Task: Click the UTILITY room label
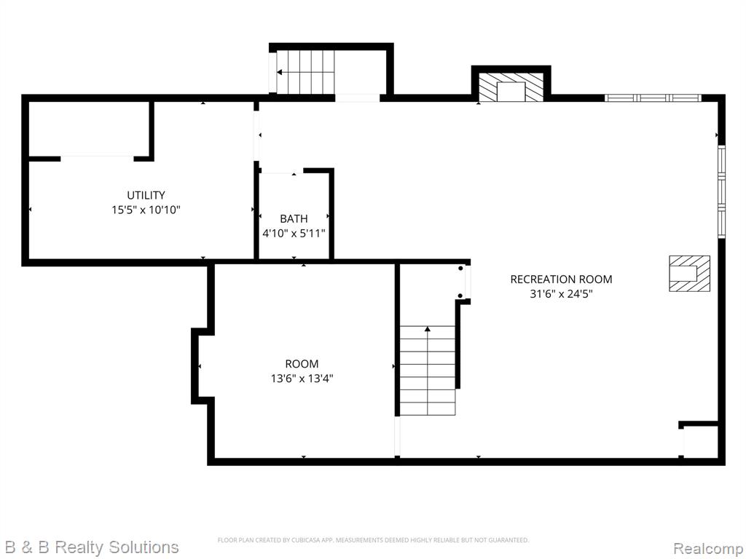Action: (x=146, y=195)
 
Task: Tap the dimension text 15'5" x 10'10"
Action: (x=146, y=210)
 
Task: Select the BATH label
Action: (x=294, y=218)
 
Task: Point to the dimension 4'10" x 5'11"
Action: (x=294, y=234)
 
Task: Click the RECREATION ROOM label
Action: (x=561, y=279)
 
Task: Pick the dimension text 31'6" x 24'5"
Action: (x=561, y=294)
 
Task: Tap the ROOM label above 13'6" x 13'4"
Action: (x=302, y=364)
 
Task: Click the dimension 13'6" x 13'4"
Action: (x=302, y=378)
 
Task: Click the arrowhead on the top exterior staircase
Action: (x=280, y=72)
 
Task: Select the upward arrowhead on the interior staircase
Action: (x=427, y=328)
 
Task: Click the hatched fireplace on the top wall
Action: (x=511, y=87)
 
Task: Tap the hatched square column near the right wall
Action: (x=689, y=274)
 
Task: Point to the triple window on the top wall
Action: (x=653, y=98)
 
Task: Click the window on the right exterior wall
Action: (x=721, y=191)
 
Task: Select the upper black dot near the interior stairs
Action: (x=460, y=269)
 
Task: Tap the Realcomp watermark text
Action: (x=708, y=549)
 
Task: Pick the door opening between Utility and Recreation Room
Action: (x=257, y=136)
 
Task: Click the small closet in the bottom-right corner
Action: (x=699, y=442)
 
